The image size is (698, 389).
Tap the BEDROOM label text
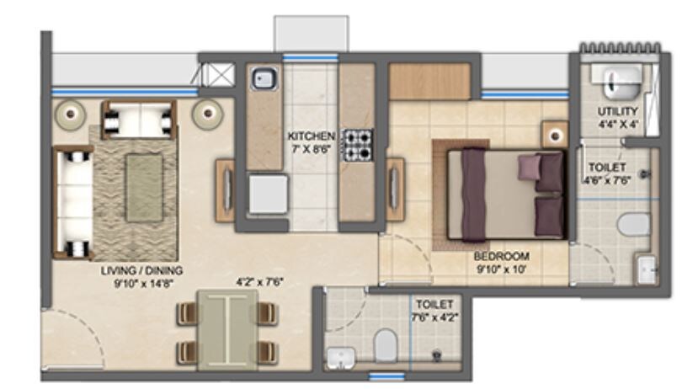pyautogui.click(x=500, y=257)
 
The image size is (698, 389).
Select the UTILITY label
pyautogui.click(x=617, y=111)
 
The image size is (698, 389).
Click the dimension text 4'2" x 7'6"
pyautogui.click(x=259, y=283)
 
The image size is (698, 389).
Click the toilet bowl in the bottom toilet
pyautogui.click(x=386, y=344)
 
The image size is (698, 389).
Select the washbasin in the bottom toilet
pyautogui.click(x=340, y=357)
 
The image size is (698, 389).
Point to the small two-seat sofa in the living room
pyautogui.click(x=139, y=120)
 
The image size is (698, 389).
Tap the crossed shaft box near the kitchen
pyautogui.click(x=221, y=75)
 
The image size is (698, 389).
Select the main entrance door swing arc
pyautogui.click(x=80, y=337)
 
